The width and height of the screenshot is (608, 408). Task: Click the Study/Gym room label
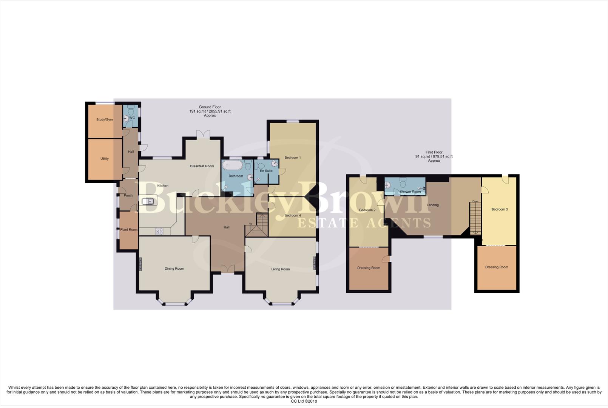pos(105,120)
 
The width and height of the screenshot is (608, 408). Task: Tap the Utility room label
pos(105,159)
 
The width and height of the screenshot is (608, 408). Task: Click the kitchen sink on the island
pos(150,201)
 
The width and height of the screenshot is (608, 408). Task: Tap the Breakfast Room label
pos(202,166)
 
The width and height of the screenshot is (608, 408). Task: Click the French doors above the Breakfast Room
pos(203,134)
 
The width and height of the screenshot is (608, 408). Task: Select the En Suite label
pos(266,171)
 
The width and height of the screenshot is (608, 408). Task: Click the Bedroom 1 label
pos(293,158)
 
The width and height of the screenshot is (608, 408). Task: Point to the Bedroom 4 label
pos(293,216)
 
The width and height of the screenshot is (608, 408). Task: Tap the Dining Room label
pos(174,269)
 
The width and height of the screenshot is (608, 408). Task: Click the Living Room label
pos(280,269)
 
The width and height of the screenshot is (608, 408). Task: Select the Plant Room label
pos(129,230)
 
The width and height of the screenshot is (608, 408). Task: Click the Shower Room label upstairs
pos(410,192)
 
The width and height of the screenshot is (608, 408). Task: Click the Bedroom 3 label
pos(499,209)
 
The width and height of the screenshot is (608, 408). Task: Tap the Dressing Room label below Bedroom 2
pos(369,268)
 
